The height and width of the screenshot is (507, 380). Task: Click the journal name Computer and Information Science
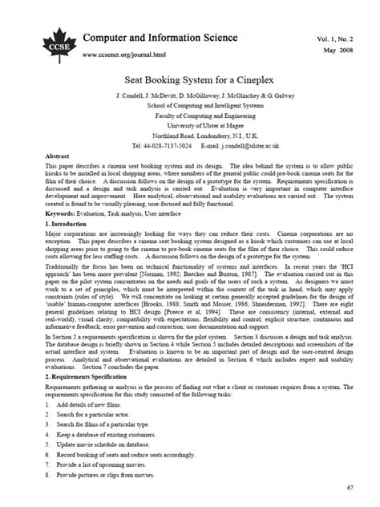tap(160, 37)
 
